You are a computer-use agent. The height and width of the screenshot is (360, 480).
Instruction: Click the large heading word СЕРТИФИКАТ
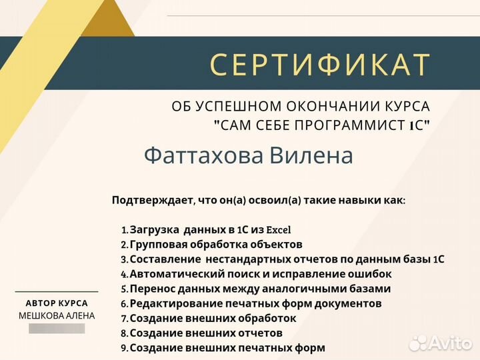coord(319,65)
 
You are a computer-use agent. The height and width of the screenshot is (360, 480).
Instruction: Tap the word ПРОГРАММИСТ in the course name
coord(344,125)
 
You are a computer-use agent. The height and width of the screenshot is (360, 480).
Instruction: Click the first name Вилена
coord(311,155)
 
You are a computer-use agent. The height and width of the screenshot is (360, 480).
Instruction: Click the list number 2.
coord(124,245)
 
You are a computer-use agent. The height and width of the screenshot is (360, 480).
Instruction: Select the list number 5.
coord(124,289)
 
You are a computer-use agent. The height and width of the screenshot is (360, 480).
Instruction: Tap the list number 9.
coord(124,348)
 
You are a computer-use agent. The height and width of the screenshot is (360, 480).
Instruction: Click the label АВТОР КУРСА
coord(57,303)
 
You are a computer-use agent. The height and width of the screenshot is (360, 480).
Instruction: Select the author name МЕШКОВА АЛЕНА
coord(57,315)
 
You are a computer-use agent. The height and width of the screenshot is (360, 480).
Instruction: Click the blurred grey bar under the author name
coord(57,328)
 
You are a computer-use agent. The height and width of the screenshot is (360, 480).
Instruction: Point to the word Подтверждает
coord(153,199)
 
